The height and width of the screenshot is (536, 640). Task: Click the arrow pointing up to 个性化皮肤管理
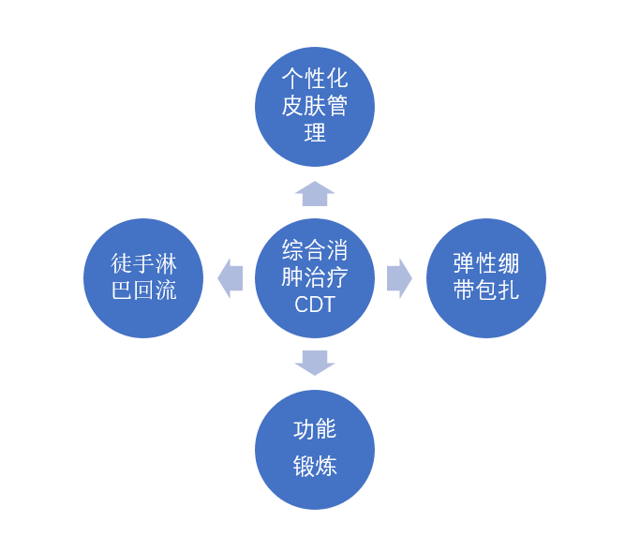[x=315, y=193]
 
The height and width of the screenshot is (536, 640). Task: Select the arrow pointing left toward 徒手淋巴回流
[x=231, y=278]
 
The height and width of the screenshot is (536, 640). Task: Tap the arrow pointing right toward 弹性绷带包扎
[x=399, y=278]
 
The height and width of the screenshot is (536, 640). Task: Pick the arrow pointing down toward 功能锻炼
[x=315, y=363]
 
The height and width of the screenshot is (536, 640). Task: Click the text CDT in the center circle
[x=315, y=305]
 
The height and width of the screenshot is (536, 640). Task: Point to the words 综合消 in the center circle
[x=315, y=250]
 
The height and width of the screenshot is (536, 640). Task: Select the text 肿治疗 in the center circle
[x=315, y=277]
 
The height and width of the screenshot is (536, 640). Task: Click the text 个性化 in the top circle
[x=315, y=79]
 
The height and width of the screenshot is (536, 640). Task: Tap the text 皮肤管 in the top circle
[x=315, y=106]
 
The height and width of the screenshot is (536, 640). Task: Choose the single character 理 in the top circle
[x=315, y=133]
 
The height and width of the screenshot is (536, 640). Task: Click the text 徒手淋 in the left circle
[x=143, y=263]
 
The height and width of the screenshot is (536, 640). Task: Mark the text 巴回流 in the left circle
[x=143, y=290]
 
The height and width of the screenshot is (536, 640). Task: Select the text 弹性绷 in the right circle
[x=486, y=263]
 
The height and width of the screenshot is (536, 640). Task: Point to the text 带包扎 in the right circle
[x=486, y=290]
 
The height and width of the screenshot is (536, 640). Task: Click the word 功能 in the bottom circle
[x=315, y=429]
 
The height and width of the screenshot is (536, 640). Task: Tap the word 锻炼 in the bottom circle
[x=315, y=466]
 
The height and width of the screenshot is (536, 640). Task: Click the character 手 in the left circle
[x=143, y=263]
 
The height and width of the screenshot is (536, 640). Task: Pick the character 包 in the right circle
[x=486, y=290]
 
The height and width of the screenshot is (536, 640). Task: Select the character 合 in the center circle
[x=315, y=250]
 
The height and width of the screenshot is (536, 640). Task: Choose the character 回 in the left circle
[x=143, y=290]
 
